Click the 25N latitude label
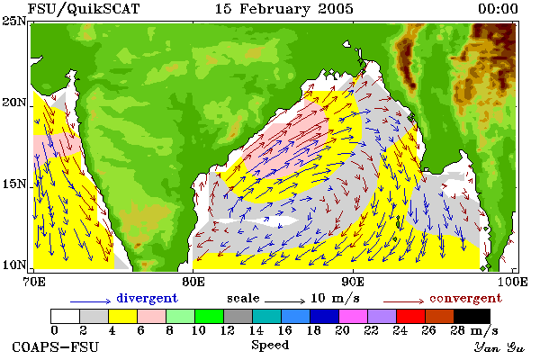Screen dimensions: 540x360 [x=14, y=22]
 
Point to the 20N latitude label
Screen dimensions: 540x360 [x=14, y=103]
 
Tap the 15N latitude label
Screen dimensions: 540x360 [x=14, y=184]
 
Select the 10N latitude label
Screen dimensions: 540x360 [x=14, y=265]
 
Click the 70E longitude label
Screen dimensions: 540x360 [x=33, y=282]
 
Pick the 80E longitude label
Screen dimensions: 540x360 [x=193, y=282]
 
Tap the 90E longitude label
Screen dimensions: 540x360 [x=353, y=282]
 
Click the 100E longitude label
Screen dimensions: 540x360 [x=512, y=282]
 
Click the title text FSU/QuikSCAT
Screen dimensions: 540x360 [x=84, y=9]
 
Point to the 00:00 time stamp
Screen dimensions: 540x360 [x=498, y=9]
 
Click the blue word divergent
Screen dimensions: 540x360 [x=147, y=298]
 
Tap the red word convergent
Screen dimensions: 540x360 [x=465, y=298]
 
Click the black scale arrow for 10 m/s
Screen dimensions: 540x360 [x=284, y=301]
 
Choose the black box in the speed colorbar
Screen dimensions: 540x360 [x=472, y=316]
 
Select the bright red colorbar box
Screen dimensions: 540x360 [x=410, y=316]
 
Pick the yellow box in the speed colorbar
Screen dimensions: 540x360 [x=123, y=316]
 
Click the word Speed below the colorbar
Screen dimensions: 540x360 [x=270, y=346]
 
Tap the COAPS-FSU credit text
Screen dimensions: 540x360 [x=56, y=346]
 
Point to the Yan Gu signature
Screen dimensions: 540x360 [x=499, y=347]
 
